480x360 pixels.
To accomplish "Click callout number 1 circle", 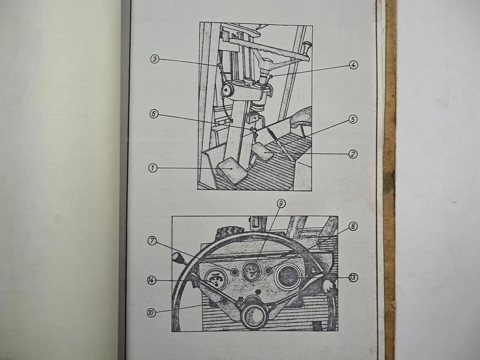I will pos(153,168).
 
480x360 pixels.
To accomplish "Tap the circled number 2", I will pos(353,154).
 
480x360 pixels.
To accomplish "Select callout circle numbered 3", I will pos(155,59).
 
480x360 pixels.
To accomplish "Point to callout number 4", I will pos(353,65).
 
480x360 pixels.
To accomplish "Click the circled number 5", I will pos(353,120).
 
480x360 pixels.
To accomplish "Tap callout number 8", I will pos(353,226).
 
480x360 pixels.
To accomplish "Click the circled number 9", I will pos(281,203).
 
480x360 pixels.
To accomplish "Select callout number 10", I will pos(151,312).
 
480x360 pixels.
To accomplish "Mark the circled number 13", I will pos(353,277).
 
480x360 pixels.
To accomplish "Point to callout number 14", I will pos(151,280).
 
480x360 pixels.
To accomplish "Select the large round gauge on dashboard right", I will pos(288,277).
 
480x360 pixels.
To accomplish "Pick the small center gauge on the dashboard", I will pos(252,271).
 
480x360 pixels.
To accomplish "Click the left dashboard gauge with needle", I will pos(216,280).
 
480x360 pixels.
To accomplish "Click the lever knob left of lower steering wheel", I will pos(178,257).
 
